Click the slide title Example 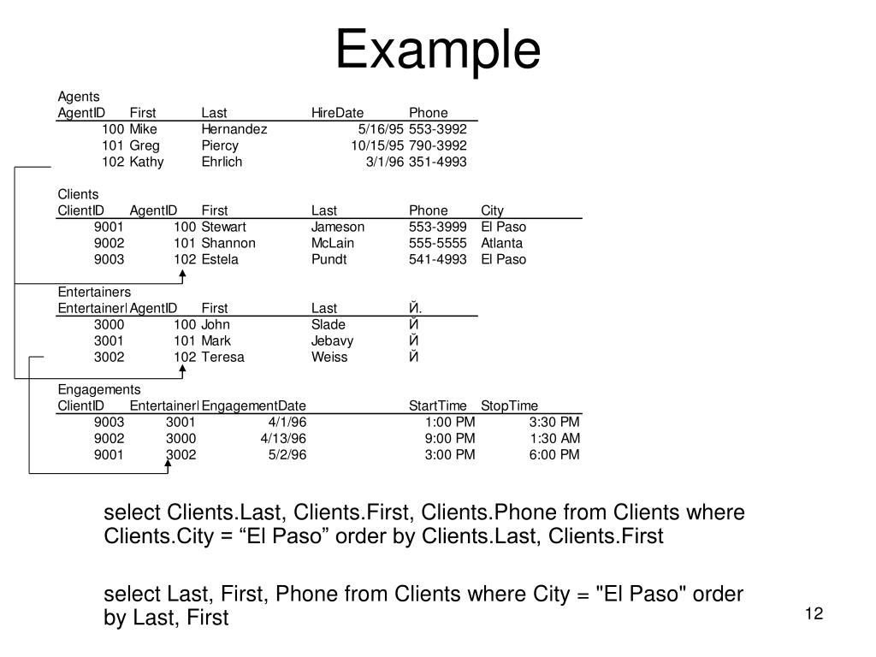point(437,50)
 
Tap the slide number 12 point(814,614)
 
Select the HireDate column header point(337,113)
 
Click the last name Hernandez point(234,129)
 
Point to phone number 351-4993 point(438,162)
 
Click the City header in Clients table point(492,210)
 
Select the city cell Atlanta point(501,243)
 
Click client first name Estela point(220,259)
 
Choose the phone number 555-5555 point(438,243)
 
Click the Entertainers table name point(94,292)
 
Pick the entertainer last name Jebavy point(332,340)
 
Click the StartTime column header point(438,405)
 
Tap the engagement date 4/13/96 point(283,438)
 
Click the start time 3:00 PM point(450,454)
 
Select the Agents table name point(79,97)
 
